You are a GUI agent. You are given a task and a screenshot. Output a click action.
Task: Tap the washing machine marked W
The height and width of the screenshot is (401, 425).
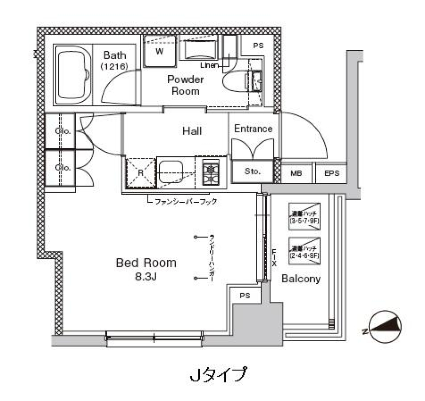click(160, 51)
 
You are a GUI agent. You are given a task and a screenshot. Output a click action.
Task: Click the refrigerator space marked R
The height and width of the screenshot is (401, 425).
click(140, 172)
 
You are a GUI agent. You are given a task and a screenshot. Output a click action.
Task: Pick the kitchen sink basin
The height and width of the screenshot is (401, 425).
click(174, 172)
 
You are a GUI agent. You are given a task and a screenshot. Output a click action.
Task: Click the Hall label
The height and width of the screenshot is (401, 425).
click(192, 131)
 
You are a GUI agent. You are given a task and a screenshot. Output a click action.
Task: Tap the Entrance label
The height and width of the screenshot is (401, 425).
click(253, 129)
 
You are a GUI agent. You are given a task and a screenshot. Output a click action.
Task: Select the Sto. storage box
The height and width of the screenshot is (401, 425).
click(252, 171)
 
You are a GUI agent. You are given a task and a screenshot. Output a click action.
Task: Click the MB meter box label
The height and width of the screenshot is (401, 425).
click(296, 173)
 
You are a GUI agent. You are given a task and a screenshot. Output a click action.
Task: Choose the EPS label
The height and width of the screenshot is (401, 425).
click(332, 173)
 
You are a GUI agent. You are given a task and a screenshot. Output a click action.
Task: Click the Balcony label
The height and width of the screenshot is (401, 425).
click(301, 279)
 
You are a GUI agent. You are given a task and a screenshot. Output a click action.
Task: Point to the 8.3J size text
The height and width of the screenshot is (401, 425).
click(146, 277)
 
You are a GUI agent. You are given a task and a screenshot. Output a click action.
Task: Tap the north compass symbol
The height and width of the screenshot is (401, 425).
click(386, 327)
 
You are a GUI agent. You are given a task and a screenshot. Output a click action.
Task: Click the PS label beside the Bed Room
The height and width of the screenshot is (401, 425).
click(245, 296)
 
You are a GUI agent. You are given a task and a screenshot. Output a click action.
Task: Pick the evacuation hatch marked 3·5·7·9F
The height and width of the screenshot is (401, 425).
click(305, 216)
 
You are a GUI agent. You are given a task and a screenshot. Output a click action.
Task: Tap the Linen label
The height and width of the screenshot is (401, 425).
click(209, 66)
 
